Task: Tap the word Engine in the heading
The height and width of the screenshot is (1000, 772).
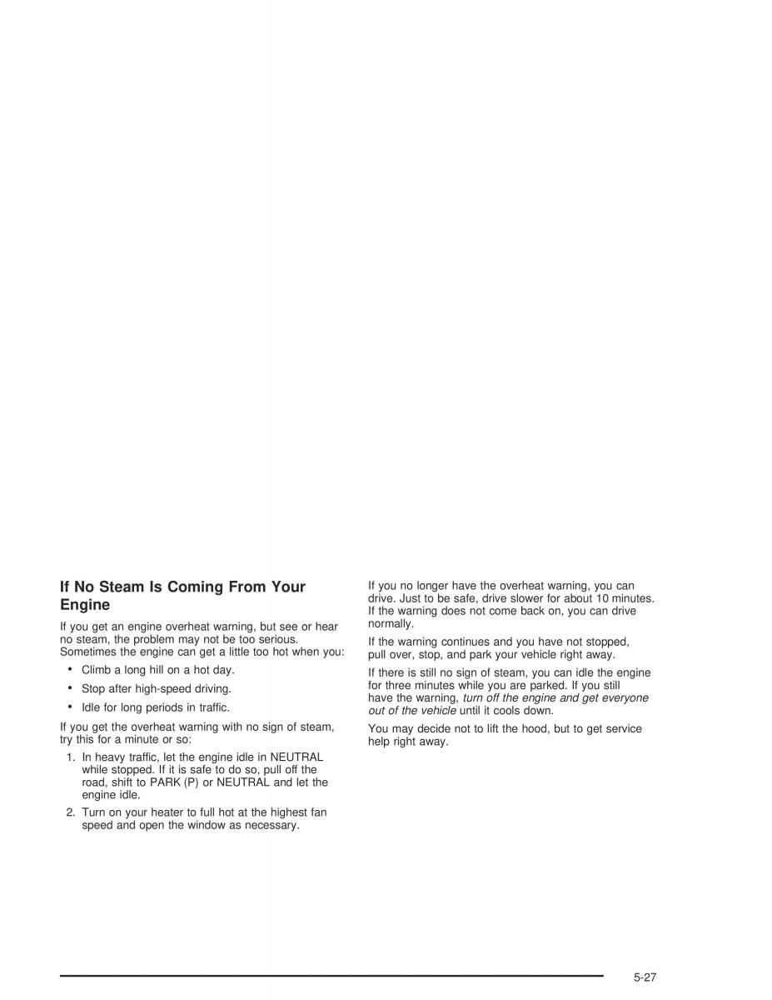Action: click(85, 606)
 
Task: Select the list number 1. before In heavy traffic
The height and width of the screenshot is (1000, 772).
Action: click(71, 757)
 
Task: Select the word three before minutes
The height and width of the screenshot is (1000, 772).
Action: click(400, 685)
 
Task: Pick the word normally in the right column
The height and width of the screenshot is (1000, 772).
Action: click(391, 623)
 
